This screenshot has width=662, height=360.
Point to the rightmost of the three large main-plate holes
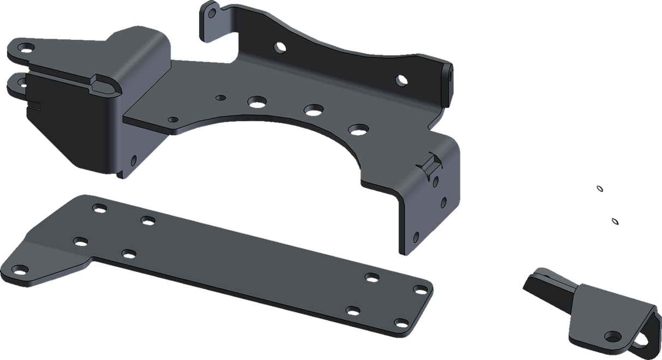[358, 129]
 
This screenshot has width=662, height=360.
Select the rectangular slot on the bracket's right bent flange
[434, 162]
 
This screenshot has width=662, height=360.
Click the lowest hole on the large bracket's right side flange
[416, 237]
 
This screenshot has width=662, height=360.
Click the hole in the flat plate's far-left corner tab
[20, 268]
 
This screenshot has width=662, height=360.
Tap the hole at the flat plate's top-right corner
[420, 288]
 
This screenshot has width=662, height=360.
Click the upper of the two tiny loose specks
[599, 189]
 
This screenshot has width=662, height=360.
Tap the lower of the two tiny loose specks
[613, 221]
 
